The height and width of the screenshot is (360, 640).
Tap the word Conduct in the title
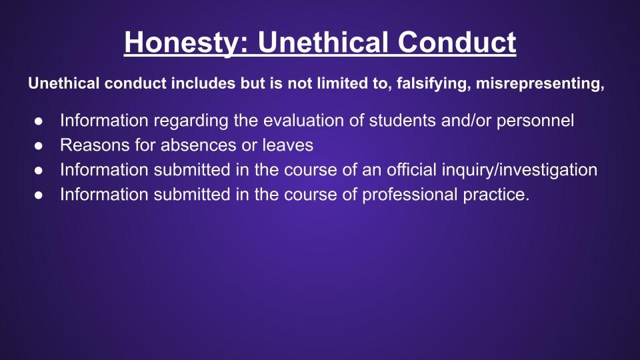click(457, 42)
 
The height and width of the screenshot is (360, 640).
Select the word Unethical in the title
click(323, 42)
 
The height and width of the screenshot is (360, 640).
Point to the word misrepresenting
click(540, 84)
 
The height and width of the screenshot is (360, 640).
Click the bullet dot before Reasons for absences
click(39, 146)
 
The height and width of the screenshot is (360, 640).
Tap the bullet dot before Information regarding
click(39, 121)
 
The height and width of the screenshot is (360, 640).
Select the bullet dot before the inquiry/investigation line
click(39, 170)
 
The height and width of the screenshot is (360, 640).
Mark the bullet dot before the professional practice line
click(39, 195)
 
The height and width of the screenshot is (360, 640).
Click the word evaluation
click(305, 121)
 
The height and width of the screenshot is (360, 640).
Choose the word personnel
click(535, 121)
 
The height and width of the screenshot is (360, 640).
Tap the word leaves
click(288, 145)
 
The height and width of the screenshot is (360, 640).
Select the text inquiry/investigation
click(519, 170)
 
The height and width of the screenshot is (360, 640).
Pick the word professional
click(410, 195)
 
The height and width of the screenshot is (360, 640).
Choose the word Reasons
click(95, 145)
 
